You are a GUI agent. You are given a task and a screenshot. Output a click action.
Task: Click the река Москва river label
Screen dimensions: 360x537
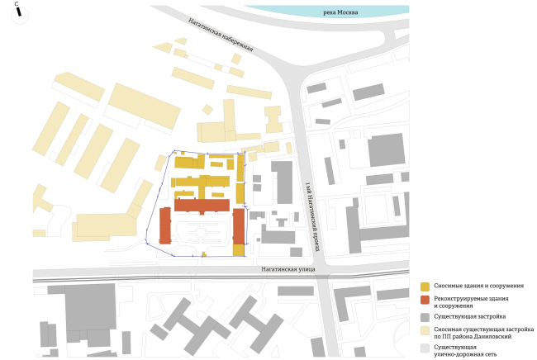coord(339,12)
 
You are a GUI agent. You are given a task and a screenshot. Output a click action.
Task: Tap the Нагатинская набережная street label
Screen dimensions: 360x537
coord(219,39)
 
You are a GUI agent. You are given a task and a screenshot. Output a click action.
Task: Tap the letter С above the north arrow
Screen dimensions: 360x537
coord(17,5)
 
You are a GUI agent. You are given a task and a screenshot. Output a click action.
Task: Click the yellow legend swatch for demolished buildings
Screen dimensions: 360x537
coord(425,287)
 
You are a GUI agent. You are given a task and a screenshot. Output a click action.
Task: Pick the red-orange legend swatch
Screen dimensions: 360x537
coord(425,299)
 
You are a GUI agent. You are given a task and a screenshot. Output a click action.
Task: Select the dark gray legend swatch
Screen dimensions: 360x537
coord(425,316)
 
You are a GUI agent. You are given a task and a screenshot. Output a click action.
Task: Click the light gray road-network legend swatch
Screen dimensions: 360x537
coord(425,348)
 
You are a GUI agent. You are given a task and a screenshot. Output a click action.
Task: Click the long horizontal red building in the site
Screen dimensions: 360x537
coord(202,205)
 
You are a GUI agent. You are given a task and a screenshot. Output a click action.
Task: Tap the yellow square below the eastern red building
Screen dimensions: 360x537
coord(238,250)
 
